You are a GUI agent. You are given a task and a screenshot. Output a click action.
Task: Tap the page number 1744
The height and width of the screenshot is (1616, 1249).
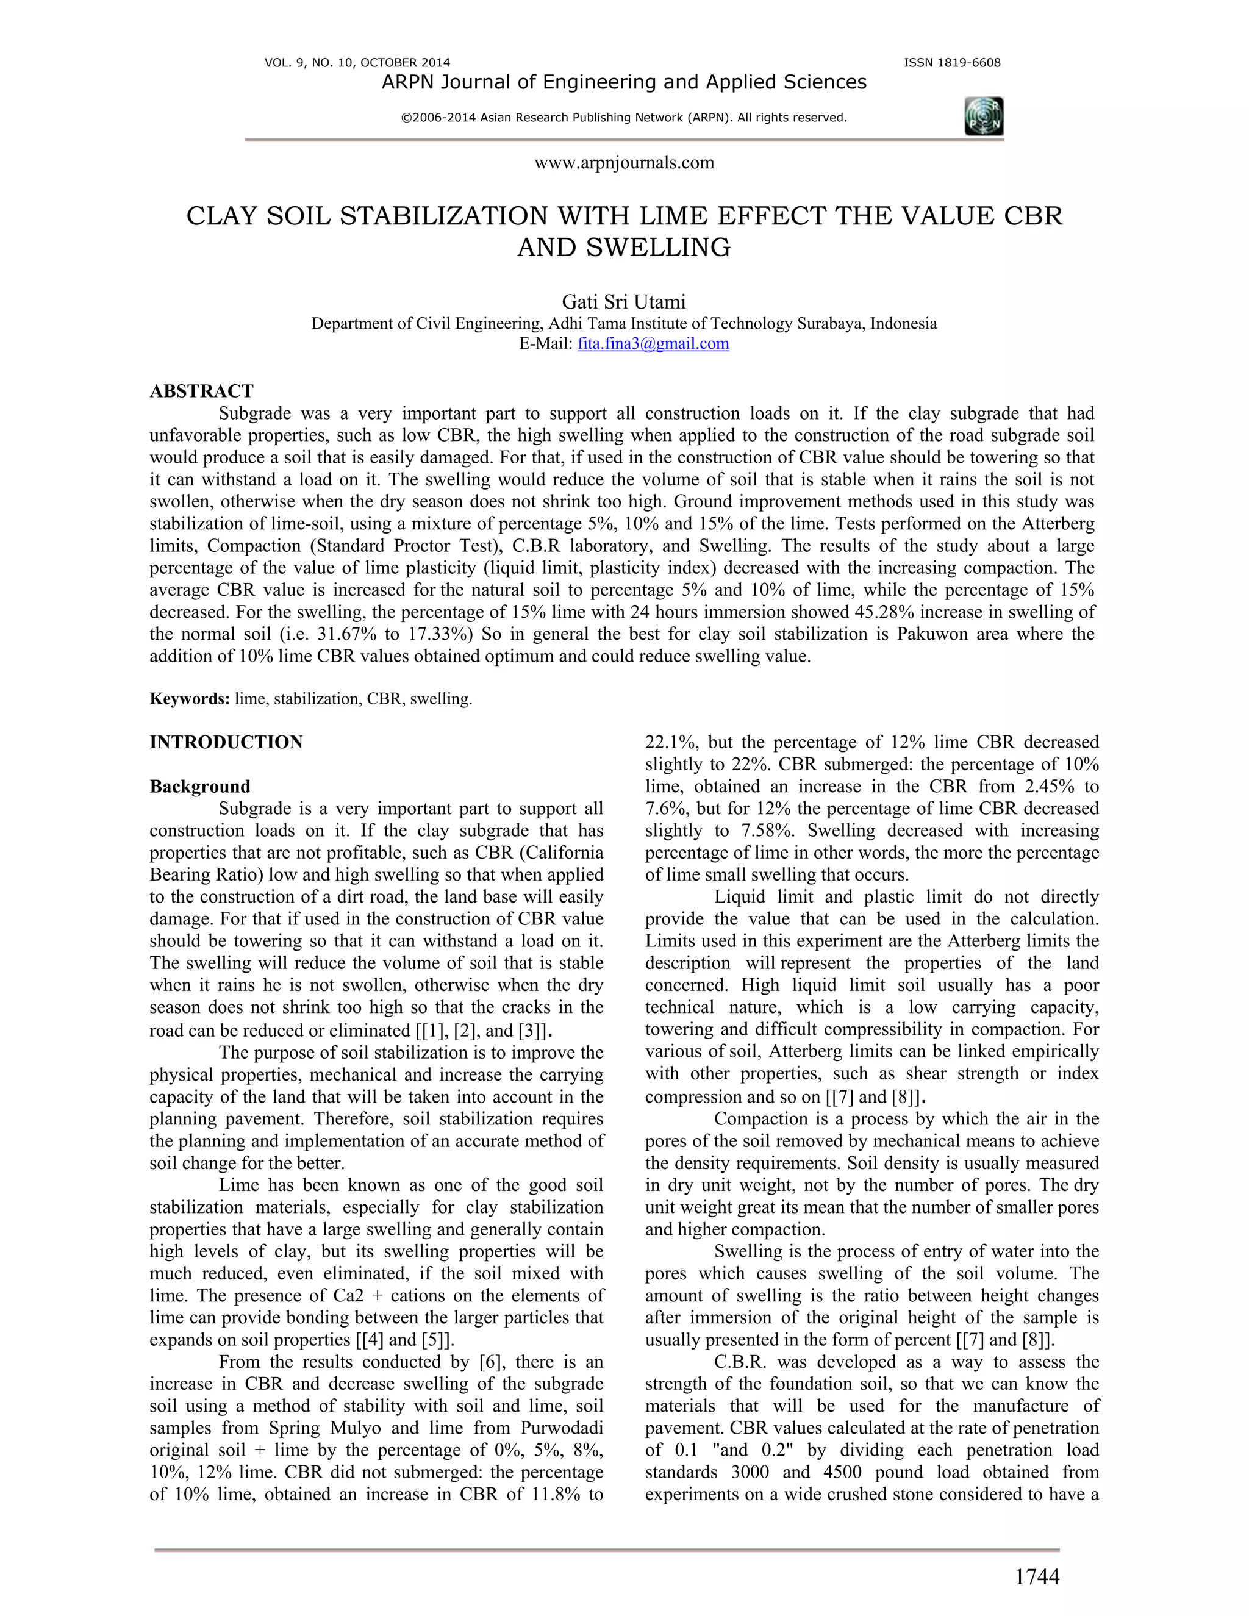[x=1036, y=1577]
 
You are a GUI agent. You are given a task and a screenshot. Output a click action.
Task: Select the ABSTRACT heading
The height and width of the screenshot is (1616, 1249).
[x=201, y=391]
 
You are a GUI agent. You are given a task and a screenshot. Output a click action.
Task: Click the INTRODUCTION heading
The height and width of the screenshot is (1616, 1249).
[x=226, y=742]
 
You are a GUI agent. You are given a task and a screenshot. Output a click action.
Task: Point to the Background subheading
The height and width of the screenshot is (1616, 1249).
[x=200, y=786]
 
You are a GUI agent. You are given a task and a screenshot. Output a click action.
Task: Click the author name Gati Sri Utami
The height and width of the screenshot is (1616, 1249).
[x=624, y=302]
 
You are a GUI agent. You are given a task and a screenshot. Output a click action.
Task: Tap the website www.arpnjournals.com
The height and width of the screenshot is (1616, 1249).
[x=624, y=163]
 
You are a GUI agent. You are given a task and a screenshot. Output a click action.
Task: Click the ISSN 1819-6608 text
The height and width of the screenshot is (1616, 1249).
[x=951, y=63]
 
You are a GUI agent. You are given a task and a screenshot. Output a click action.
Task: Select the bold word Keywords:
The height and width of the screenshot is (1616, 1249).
[x=190, y=698]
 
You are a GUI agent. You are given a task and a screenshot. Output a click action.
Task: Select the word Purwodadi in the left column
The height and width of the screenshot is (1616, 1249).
[x=562, y=1428]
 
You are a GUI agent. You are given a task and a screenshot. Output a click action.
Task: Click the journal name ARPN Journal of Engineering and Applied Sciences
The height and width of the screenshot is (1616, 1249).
[x=624, y=82]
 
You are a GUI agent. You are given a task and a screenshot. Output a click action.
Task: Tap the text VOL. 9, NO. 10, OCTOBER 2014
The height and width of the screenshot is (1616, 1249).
[x=357, y=63]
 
